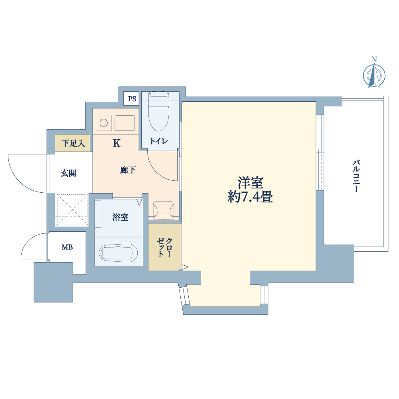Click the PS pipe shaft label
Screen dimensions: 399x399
(x=132, y=99)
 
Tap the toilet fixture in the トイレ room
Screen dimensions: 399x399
(x=159, y=111)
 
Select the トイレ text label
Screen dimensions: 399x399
(x=159, y=141)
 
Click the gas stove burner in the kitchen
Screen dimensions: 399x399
(x=104, y=123)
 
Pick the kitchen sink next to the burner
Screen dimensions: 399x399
(x=124, y=123)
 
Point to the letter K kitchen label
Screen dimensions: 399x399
(x=117, y=144)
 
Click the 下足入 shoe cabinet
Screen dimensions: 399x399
(x=73, y=143)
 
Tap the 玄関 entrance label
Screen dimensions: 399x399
(x=69, y=173)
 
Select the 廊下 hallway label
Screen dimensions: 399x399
(x=128, y=170)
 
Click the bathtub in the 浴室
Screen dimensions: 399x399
(x=119, y=253)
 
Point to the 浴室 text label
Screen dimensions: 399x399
(x=120, y=217)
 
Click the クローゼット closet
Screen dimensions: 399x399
(x=164, y=247)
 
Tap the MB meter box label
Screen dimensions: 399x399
(x=67, y=247)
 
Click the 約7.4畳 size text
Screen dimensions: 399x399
(x=251, y=197)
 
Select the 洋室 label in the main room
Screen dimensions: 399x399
(x=251, y=182)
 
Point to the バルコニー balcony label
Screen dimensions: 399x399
(x=356, y=176)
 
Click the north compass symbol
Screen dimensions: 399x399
(x=374, y=74)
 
